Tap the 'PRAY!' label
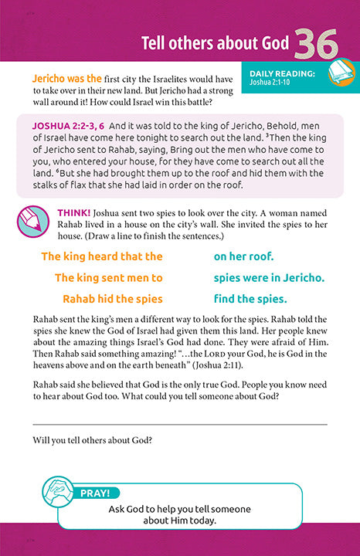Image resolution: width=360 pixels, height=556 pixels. [97, 490]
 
